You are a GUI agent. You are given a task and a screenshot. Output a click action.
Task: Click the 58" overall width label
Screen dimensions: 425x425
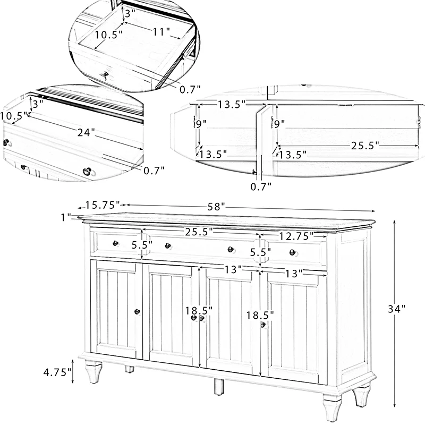pos(216,205)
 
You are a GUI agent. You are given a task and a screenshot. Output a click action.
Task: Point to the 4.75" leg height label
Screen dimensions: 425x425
pos(57,372)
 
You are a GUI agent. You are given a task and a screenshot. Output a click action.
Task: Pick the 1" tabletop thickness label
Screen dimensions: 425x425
pos(66,217)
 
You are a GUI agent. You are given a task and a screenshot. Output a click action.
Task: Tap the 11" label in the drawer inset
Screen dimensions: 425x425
pos(161,31)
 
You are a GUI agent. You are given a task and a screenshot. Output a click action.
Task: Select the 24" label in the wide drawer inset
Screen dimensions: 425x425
pos(86,132)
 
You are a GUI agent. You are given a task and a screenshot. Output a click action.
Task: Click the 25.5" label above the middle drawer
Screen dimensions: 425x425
pos(199,232)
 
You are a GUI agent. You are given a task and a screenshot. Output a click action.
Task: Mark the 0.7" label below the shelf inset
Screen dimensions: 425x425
pos(261,185)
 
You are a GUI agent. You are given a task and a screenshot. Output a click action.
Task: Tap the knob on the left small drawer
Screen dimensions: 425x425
pos(115,243)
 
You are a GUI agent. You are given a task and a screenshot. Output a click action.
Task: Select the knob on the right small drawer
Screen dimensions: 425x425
pos(292,252)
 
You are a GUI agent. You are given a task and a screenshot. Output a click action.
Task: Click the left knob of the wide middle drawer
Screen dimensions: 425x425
pos(168,246)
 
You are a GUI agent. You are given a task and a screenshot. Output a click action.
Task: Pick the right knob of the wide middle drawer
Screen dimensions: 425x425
pos(231,250)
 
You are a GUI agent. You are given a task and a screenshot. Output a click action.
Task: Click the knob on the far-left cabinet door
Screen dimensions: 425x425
pos(137,311)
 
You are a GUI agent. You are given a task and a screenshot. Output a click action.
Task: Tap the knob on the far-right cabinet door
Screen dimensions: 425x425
pos(262,325)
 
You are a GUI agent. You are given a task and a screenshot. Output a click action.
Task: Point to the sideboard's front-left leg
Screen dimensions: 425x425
pos(93,372)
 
